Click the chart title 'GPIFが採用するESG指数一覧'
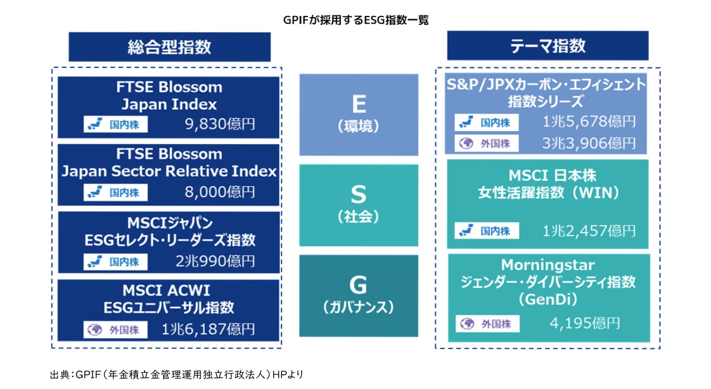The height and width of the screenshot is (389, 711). coord(355,20)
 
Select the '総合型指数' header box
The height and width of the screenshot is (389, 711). coord(170,47)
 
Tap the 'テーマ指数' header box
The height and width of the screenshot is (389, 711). coord(548,45)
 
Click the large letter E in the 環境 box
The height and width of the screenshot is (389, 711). coord(359,104)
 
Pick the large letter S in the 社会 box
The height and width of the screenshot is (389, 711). coord(359,194)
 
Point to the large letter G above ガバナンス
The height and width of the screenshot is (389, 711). coord(358,285)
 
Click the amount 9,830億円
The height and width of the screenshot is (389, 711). coord(220,124)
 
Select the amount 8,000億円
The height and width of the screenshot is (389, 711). coord(220,192)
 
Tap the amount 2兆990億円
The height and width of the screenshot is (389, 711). coord(215,261)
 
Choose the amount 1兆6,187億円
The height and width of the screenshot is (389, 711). coord(208,329)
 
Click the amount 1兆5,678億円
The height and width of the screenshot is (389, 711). coord(589,121)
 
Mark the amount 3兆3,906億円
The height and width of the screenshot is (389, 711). coord(589,143)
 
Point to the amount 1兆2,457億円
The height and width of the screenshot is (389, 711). coord(589,231)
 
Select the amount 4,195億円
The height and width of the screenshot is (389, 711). coord(585,323)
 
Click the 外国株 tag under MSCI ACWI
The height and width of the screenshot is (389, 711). coord(115,330)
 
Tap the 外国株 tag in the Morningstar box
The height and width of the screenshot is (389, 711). coord(488,324)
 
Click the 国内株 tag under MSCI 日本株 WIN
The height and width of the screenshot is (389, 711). coord(487,230)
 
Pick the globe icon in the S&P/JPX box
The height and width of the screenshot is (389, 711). coord(466,143)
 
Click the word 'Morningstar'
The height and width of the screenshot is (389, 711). coord(548,265)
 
